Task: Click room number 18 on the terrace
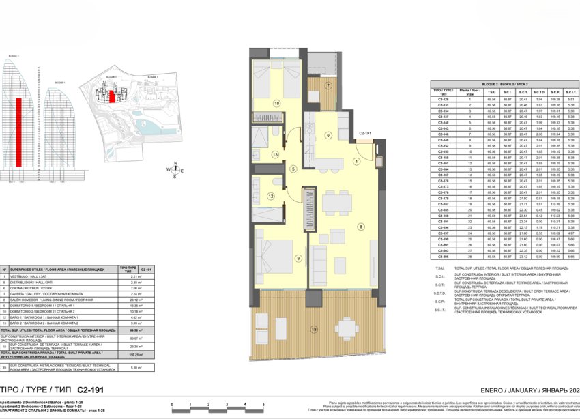[314, 329]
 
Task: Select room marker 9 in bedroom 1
[279, 257]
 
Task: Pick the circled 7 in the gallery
[328, 86]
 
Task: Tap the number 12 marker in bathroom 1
[270, 197]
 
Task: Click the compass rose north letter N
[175, 162]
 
